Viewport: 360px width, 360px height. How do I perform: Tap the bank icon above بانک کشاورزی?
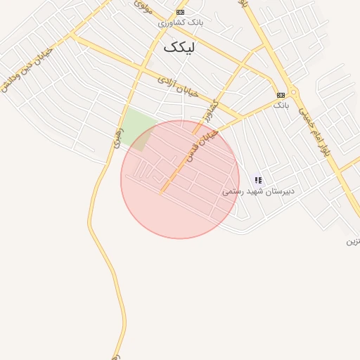(181, 13)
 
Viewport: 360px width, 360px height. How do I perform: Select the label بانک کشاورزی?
(181, 22)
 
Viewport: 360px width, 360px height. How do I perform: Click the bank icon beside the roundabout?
(281, 95)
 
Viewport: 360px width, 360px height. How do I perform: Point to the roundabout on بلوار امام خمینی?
(293, 92)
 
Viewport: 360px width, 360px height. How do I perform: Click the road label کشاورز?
(210, 111)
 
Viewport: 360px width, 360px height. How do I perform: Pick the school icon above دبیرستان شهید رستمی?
(258, 181)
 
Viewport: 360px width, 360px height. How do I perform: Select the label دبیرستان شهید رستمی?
(258, 191)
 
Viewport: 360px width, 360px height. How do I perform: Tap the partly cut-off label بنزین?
(352, 242)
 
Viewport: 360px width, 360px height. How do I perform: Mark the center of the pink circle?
(180, 179)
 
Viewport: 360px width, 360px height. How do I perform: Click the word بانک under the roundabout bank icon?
(281, 105)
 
